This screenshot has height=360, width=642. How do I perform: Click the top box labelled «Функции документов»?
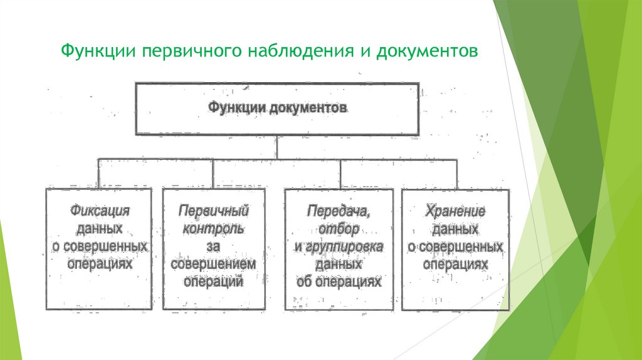pyautogui.click(x=277, y=108)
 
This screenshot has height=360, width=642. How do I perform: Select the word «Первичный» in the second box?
pyautogui.click(x=213, y=210)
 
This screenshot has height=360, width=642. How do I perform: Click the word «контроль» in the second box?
pyautogui.click(x=213, y=228)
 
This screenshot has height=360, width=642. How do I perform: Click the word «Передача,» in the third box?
pyautogui.click(x=339, y=210)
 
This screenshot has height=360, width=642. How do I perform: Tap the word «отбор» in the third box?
pyautogui.click(x=339, y=228)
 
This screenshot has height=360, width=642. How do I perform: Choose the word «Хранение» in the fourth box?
pyautogui.click(x=455, y=210)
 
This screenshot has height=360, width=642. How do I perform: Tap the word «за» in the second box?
pyautogui.click(x=213, y=246)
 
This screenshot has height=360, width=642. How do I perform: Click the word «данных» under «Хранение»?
pyautogui.click(x=455, y=228)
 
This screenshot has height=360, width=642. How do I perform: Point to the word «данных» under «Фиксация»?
pyautogui.click(x=99, y=228)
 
